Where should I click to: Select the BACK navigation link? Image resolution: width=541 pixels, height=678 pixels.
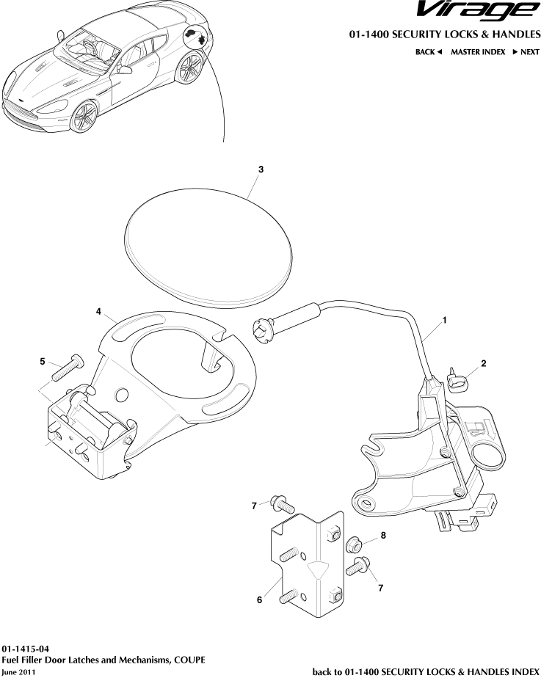coord(429,52)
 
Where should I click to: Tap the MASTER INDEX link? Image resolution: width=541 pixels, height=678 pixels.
coord(477,52)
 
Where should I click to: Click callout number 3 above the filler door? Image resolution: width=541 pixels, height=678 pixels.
coord(261,169)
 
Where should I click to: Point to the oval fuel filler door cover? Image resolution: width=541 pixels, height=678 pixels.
coord(208,245)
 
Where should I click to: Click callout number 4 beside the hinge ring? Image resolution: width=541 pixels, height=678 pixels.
coord(98,311)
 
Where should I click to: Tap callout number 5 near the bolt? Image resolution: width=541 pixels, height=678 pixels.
coord(43,362)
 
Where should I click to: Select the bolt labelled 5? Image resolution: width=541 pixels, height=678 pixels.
coord(68,368)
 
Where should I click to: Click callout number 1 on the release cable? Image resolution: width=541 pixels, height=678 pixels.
coord(444,320)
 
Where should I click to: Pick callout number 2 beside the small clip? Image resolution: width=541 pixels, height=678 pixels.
coord(484,363)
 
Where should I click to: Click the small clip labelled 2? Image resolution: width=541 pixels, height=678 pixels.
coord(459,382)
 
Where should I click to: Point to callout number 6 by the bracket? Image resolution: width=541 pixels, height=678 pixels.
coord(259,600)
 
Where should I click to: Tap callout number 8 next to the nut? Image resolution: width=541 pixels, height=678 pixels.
coord(382,536)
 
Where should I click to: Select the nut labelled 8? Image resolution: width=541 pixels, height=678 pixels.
coord(352,544)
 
